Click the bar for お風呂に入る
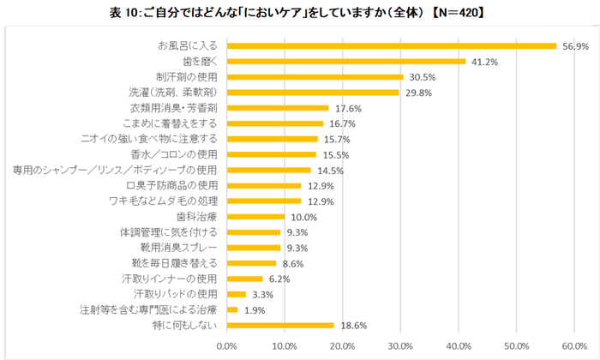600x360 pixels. pos(392,45)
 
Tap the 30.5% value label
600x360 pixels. pos(421,76)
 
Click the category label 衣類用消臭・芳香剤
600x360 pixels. pos(174,108)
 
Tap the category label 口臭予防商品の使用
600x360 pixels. pos(171,185)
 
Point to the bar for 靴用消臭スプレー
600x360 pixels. pos(254,248)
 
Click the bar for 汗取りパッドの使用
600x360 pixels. pos(237,294)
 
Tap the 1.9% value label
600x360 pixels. pos(255,309)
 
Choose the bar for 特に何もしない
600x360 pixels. pos(280,325)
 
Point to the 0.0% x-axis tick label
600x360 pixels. pos(227,345)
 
